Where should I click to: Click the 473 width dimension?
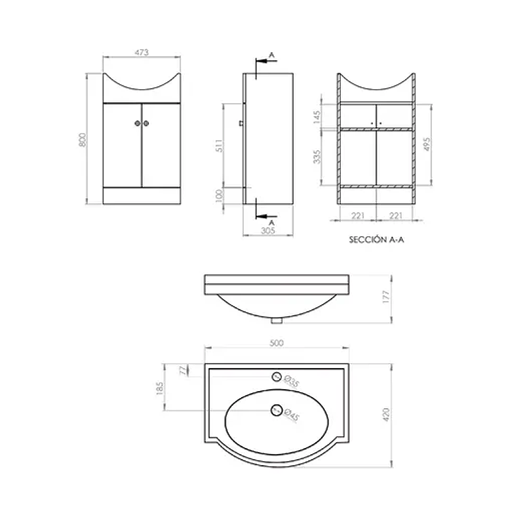[x=141, y=52]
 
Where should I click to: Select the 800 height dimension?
[x=82, y=139]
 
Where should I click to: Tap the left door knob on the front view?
[x=138, y=123]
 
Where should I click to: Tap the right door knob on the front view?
[x=146, y=123]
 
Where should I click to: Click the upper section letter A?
[x=271, y=53]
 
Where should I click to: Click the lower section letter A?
[x=271, y=222]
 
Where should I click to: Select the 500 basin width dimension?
[x=276, y=343]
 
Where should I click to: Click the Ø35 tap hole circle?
[x=277, y=376]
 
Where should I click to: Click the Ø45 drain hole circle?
[x=276, y=410]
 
